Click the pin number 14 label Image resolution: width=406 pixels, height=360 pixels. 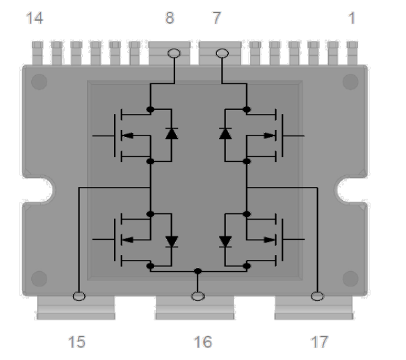coord(34,19)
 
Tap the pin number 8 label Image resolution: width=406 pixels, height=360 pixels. coord(169,19)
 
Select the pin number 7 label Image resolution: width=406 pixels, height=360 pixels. coord(216,19)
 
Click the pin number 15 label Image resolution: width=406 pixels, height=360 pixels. coord(76,341)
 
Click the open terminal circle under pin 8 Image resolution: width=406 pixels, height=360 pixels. coord(174,53)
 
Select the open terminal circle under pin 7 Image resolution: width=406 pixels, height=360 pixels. coord(222,53)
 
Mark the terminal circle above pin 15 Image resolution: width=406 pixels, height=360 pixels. coord(79,297)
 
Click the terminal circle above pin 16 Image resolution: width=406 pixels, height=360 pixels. coord(198,297)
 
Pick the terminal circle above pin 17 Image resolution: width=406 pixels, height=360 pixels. coord(317,297)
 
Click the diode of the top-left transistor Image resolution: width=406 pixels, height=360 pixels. coord(170,133)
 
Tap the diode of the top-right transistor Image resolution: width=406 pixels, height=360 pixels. coord(225,133)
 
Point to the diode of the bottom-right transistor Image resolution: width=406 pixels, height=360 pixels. coord(225,241)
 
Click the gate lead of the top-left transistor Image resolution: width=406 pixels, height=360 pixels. coord(103,135)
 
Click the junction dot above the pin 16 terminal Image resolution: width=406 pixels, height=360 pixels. coord(198,271)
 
